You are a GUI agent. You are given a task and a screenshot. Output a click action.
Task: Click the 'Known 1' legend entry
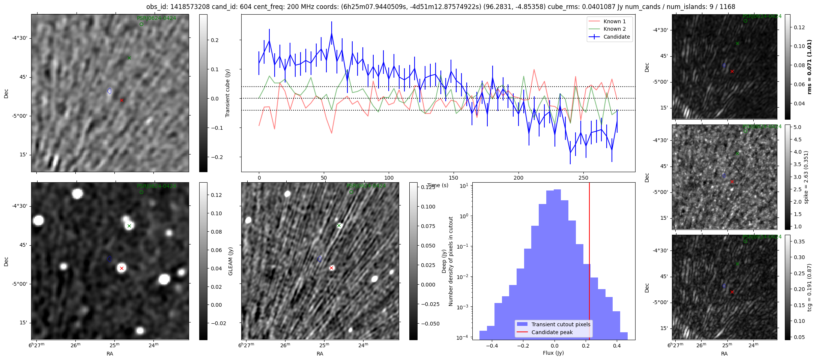pyautogui.click(x=614, y=21)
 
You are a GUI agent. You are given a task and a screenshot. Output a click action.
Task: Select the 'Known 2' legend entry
pyautogui.click(x=614, y=29)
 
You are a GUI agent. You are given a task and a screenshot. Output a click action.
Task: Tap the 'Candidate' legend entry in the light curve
pyautogui.click(x=616, y=37)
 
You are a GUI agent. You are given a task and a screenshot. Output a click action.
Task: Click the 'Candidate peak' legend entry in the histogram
pyautogui.click(x=552, y=332)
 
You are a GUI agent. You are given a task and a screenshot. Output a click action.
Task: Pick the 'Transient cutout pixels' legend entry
pyautogui.click(x=561, y=324)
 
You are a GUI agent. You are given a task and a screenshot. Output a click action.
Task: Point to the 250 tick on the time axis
pyautogui.click(x=583, y=177)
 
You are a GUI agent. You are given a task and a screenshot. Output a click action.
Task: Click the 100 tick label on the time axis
pyautogui.click(x=389, y=178)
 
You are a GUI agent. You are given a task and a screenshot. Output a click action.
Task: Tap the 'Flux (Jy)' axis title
pyautogui.click(x=553, y=353)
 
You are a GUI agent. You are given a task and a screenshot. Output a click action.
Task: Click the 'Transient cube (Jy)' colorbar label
pyautogui.click(x=228, y=93)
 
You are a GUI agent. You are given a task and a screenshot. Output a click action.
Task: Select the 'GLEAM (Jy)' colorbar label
pyautogui.click(x=231, y=261)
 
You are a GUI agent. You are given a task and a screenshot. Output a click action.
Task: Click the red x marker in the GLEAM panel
pyautogui.click(x=122, y=268)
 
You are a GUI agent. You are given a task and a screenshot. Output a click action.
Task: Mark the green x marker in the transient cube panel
pyautogui.click(x=129, y=58)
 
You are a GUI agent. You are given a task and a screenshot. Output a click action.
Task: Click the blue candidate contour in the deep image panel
pyautogui.click(x=319, y=259)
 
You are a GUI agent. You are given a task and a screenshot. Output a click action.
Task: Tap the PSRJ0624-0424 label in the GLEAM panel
pyautogui.click(x=156, y=186)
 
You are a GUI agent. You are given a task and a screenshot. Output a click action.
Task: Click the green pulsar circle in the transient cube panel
pyautogui.click(x=141, y=24)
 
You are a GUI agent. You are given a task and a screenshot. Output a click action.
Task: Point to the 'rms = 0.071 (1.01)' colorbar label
pyautogui.click(x=810, y=67)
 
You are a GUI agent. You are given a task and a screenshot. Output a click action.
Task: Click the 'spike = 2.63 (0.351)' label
pyautogui.click(x=806, y=177)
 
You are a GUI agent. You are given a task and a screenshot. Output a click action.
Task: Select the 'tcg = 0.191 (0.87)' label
pyautogui.click(x=810, y=287)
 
